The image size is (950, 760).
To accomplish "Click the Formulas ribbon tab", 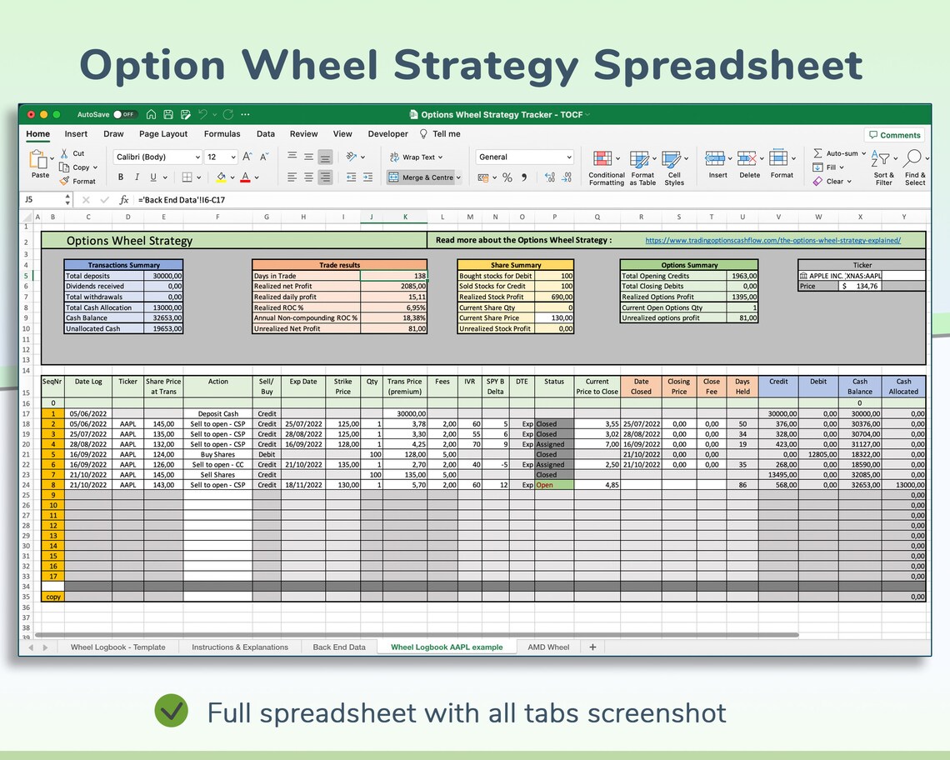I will [222, 133].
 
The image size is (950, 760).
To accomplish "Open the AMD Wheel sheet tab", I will [548, 647].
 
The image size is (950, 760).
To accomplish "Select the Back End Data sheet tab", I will [339, 647].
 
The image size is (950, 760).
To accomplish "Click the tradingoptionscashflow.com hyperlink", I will [772, 241].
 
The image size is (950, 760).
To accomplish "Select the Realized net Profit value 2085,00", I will [394, 286].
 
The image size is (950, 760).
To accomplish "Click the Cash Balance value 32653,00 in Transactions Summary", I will [163, 318].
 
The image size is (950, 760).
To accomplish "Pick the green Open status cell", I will [554, 485].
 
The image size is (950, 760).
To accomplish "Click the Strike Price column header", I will [342, 386].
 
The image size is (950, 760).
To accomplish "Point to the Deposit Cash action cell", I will [217, 413].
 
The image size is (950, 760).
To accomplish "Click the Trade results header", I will [339, 265].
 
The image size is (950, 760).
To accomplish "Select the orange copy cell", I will [53, 597].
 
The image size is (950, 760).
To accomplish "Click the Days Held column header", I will [742, 386].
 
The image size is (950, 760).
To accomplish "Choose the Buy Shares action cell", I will [217, 454].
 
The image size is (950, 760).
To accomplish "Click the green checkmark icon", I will [172, 712].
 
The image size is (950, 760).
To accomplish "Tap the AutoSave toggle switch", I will [125, 114].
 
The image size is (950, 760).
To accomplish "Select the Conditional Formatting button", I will [606, 168].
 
